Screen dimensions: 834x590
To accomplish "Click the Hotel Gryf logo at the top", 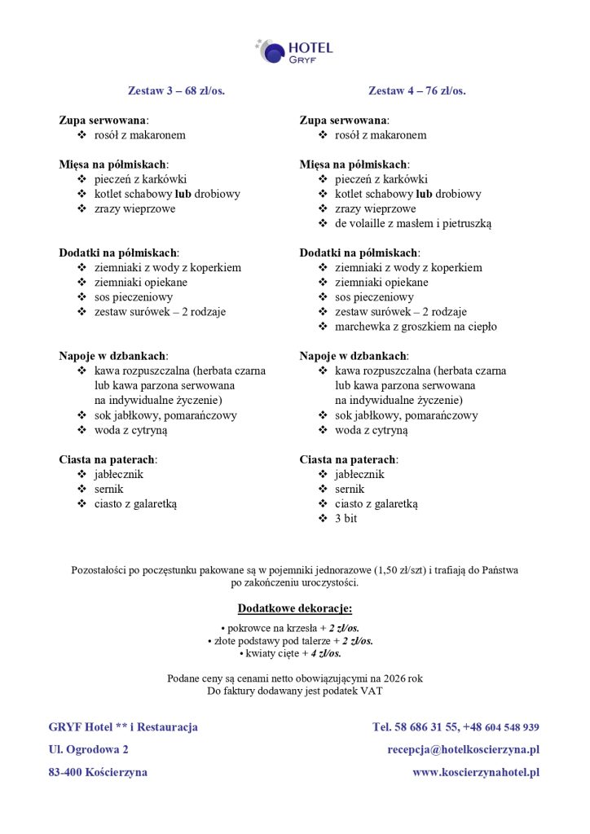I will [294, 51].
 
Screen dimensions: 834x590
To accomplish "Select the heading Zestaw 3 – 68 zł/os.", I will [176, 90].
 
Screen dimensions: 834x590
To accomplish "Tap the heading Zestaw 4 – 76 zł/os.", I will [416, 90].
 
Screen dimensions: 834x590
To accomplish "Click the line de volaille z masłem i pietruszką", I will [412, 223].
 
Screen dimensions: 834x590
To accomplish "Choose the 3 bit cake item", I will [346, 518].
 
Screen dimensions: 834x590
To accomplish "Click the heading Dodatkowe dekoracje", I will [294, 608].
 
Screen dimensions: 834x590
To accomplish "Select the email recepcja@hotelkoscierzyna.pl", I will [463, 749].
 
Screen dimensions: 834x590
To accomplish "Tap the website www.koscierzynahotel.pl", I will [476, 772].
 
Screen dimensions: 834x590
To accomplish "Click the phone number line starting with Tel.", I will [456, 726].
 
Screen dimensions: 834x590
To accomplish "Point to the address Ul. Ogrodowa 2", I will [88, 749].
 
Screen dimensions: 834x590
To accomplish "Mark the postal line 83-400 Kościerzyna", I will [98, 772].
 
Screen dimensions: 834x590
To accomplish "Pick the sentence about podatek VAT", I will [294, 691].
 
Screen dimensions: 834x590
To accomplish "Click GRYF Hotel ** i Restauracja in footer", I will [123, 726].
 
